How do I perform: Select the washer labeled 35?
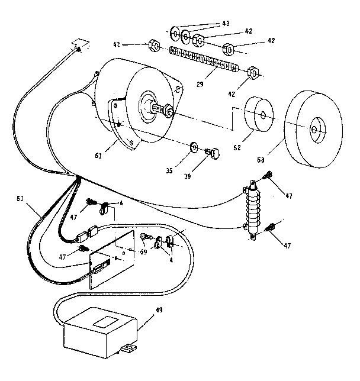click(x=194, y=146)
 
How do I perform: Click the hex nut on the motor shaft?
click(x=167, y=111)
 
